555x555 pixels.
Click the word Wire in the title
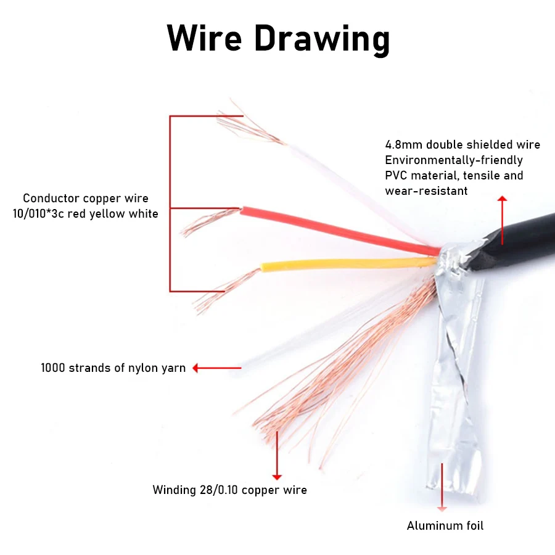tap(204, 38)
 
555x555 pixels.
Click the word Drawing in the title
tap(321, 39)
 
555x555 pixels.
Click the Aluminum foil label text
tap(445, 526)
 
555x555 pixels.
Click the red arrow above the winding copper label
tap(277, 456)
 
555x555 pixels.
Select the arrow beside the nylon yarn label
tap(216, 368)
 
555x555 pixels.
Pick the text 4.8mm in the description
tap(404, 145)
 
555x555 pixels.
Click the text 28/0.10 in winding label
tap(218, 490)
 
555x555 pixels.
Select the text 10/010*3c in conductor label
tap(39, 214)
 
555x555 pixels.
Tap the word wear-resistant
tap(426, 191)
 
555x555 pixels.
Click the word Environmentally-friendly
tap(454, 160)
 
